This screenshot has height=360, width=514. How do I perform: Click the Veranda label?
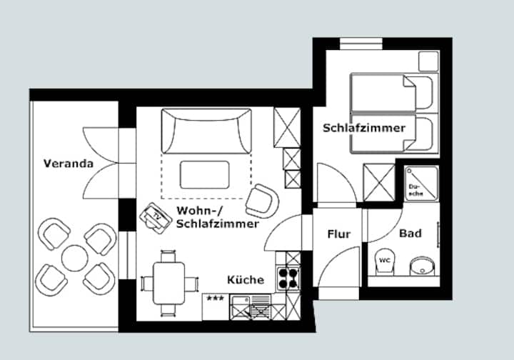point(69,164)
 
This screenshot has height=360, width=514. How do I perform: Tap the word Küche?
point(246,280)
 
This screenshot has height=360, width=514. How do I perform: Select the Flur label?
point(339,234)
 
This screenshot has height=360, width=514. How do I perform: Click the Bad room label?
point(410,234)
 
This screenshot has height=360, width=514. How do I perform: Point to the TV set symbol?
point(156,218)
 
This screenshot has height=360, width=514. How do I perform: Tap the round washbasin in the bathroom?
point(423,266)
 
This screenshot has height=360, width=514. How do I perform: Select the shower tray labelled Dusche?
point(421,183)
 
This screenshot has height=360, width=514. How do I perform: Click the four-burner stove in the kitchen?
point(288,279)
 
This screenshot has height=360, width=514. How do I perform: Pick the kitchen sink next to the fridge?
point(251,307)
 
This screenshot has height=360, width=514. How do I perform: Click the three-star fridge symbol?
point(216,307)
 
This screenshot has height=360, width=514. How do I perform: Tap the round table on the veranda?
point(75,258)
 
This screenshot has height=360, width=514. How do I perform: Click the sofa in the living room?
point(206,131)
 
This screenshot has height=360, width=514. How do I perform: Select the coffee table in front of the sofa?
point(205,175)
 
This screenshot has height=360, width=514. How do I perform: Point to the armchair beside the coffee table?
point(262,201)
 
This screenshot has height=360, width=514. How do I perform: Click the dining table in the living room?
point(168,284)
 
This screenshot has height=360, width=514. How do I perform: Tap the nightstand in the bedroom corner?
point(429,61)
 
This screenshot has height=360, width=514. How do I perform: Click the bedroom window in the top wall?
point(361,44)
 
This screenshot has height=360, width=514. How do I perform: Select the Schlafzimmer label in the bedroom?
point(364,128)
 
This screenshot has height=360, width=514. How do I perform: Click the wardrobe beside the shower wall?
point(379,182)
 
